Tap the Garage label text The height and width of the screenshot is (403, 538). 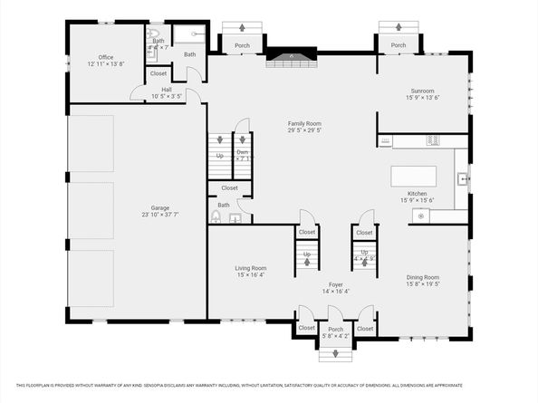160,207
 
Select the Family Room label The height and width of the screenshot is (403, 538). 304,123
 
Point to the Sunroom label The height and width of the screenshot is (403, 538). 422,91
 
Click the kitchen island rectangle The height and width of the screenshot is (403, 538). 413,175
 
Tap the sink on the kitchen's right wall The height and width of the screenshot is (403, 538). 462,178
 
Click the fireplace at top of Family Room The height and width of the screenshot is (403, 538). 291,60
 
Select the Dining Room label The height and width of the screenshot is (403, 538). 421,277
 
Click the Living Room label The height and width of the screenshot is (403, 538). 251,268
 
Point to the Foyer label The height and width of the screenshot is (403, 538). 335,284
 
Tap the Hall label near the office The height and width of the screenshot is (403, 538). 167,90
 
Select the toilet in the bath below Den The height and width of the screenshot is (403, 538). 216,217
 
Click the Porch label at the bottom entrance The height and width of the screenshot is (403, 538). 335,329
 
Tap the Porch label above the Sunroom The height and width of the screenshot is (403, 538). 398,45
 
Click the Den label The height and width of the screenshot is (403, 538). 243,151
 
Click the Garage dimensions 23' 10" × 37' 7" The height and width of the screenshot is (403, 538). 160,215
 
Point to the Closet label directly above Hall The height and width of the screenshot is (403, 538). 159,73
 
